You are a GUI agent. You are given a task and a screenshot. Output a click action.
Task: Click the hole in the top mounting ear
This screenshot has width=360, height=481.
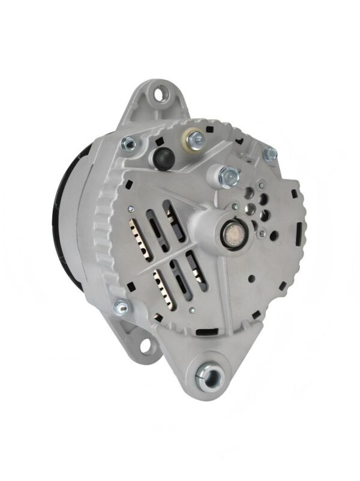click(160, 94)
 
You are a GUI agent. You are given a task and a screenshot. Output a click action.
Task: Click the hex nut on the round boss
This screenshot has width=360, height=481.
click(229, 175)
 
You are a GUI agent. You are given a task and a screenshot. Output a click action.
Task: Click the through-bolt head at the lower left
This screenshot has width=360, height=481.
click(121, 307)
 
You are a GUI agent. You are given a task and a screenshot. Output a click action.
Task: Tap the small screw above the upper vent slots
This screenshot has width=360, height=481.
click(128, 208)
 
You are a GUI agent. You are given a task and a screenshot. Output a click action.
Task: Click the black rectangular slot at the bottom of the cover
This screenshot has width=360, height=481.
click(208, 330)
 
